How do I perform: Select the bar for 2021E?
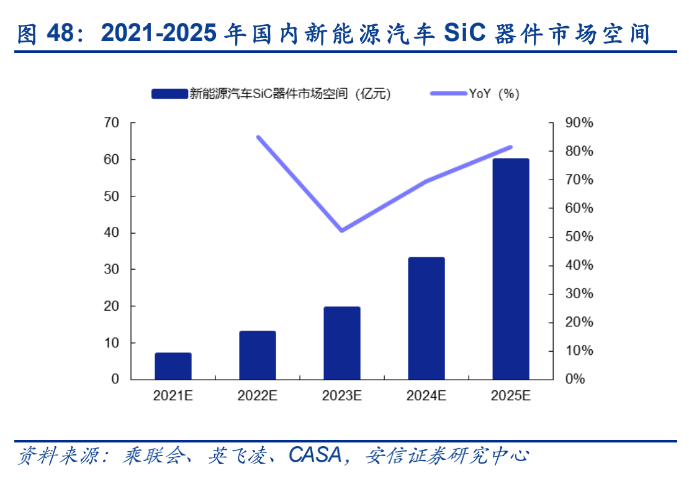[173, 366]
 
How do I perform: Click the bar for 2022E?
[258, 355]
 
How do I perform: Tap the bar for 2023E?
[342, 343]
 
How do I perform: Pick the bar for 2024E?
[426, 318]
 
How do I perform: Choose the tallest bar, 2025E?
[511, 269]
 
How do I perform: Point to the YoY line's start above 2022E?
[258, 137]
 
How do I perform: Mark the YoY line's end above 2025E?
[511, 147]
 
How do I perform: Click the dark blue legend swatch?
[169, 94]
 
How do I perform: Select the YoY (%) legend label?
[494, 94]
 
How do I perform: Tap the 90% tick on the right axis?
[579, 123]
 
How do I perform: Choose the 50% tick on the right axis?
[579, 237]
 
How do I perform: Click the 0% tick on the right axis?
[575, 379]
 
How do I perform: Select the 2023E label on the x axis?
[342, 396]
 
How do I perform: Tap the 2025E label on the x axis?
[511, 396]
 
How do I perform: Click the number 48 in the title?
[61, 34]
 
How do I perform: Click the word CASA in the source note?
[315, 456]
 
